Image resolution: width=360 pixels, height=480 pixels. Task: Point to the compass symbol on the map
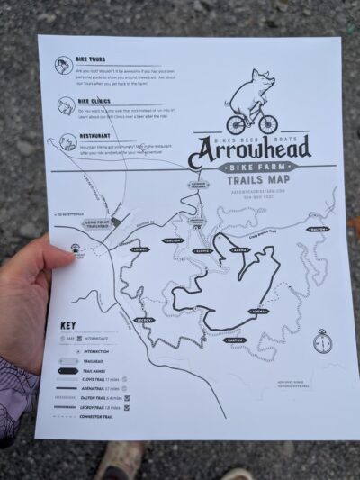(322, 341)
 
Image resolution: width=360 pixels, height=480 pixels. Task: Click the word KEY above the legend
(68, 325)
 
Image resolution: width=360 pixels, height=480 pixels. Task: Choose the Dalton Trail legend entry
(103, 397)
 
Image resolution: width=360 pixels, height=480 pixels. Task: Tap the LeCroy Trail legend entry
(103, 407)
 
